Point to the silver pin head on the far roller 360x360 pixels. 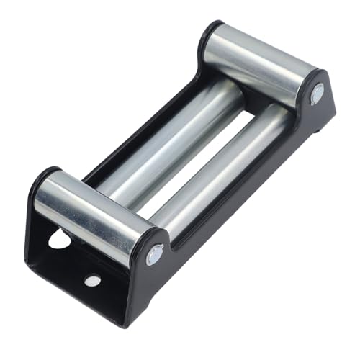coord(317,94)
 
